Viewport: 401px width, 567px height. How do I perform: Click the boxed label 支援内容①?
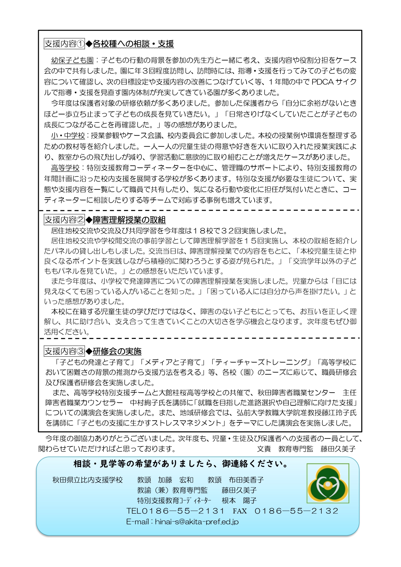pyautogui.click(x=64, y=44)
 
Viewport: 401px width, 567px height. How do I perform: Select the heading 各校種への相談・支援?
pyautogui.click(x=133, y=44)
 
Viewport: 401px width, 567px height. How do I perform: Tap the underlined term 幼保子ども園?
pyautogui.click(x=72, y=60)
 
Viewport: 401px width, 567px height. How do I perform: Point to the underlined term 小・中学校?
pyautogui.click(x=68, y=136)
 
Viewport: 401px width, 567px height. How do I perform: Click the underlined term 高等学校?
pyautogui.click(x=65, y=168)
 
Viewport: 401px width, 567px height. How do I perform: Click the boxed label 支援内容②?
pyautogui.click(x=64, y=220)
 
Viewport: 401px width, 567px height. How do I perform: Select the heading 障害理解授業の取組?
pyautogui.click(x=129, y=220)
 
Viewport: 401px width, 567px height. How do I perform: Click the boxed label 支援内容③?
pyautogui.click(x=64, y=351)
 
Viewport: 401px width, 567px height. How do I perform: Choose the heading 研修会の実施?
pyautogui.click(x=117, y=352)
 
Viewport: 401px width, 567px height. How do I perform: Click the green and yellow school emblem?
pyautogui.click(x=328, y=484)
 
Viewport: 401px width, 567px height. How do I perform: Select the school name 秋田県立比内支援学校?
pyautogui.click(x=88, y=480)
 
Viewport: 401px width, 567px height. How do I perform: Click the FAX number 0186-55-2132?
pyautogui.click(x=296, y=511)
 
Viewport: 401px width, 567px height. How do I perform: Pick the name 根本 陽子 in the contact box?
pyautogui.click(x=239, y=501)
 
